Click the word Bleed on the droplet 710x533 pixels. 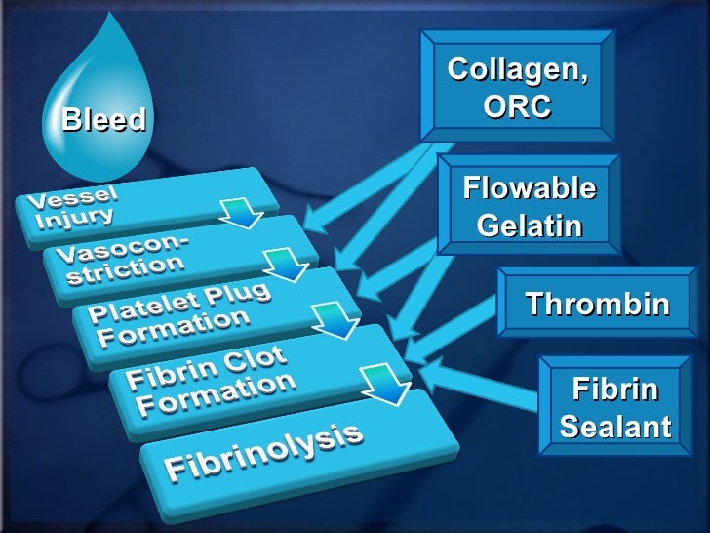(103, 120)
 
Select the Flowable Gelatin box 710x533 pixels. (529, 205)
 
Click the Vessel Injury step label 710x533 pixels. (78, 204)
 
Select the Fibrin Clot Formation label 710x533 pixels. (211, 380)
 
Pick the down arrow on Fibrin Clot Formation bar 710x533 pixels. (384, 383)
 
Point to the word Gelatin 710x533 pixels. (530, 226)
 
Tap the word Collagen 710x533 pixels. (518, 69)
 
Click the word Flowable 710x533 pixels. (530, 185)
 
